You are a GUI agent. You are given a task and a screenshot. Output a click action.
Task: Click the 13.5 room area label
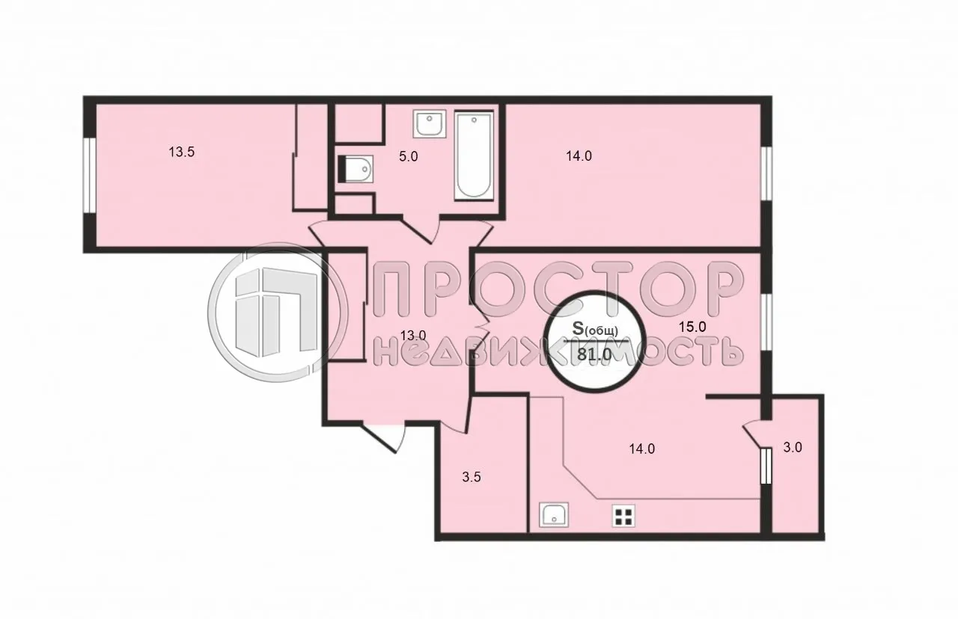click(x=182, y=153)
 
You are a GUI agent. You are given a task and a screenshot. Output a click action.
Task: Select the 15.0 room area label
click(x=693, y=327)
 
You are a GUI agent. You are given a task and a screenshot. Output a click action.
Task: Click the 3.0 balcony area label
click(x=793, y=449)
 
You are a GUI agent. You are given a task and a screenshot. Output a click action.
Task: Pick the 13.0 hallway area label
click(x=412, y=336)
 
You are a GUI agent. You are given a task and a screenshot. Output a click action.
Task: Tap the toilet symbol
click(x=356, y=169)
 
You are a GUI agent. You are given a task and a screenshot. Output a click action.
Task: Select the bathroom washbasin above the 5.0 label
click(x=430, y=124)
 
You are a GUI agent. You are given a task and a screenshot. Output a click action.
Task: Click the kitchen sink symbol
click(x=554, y=514)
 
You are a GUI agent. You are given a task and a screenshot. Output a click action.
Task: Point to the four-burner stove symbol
click(x=623, y=516)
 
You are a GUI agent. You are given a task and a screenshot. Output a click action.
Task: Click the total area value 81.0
click(x=596, y=357)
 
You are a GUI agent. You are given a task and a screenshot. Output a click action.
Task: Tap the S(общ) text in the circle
click(x=596, y=329)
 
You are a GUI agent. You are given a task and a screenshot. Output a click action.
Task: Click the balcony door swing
click(x=753, y=435)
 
